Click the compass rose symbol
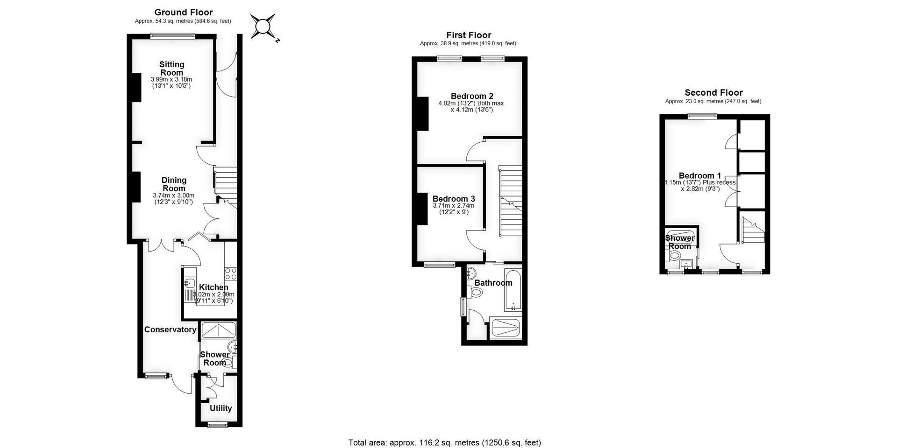coord(263,26)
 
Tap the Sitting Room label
coord(172,69)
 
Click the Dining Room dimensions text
coord(173,199)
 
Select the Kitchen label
coord(214,287)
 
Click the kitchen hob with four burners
coord(231,273)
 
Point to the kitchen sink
coord(190,283)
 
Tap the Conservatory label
coord(170,329)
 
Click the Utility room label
coord(221,408)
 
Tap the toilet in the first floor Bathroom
coord(476,293)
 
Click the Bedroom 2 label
coord(472,96)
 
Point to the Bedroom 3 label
coord(453,199)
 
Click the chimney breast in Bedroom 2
coord(422,113)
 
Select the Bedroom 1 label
coord(699,176)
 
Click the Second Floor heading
coord(713,92)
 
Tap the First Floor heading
coord(469,35)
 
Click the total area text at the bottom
coord(444,442)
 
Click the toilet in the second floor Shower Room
coord(675,256)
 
